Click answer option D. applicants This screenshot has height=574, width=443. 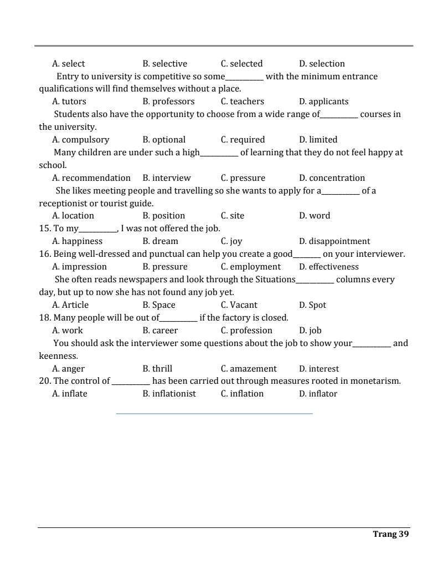click(x=323, y=101)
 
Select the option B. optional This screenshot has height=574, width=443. click(x=164, y=140)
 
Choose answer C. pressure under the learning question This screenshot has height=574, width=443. click(x=243, y=178)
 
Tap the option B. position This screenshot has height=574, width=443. click(x=163, y=216)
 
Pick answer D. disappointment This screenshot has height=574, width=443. click(x=334, y=241)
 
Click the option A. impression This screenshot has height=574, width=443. click(x=79, y=267)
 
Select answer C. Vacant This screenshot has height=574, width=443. click(x=239, y=305)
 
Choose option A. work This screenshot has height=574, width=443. click(x=68, y=331)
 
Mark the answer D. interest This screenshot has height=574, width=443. click(x=318, y=369)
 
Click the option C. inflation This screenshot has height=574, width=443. click(x=242, y=394)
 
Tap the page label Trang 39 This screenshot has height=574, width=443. click(x=391, y=534)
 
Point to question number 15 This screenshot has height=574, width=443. click(x=44, y=228)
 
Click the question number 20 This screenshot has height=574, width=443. click(x=44, y=381)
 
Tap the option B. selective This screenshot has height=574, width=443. click(x=164, y=64)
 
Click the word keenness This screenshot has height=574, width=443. click(x=58, y=356)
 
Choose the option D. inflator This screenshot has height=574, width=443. click(x=318, y=394)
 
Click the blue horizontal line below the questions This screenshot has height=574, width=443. click(x=214, y=413)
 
